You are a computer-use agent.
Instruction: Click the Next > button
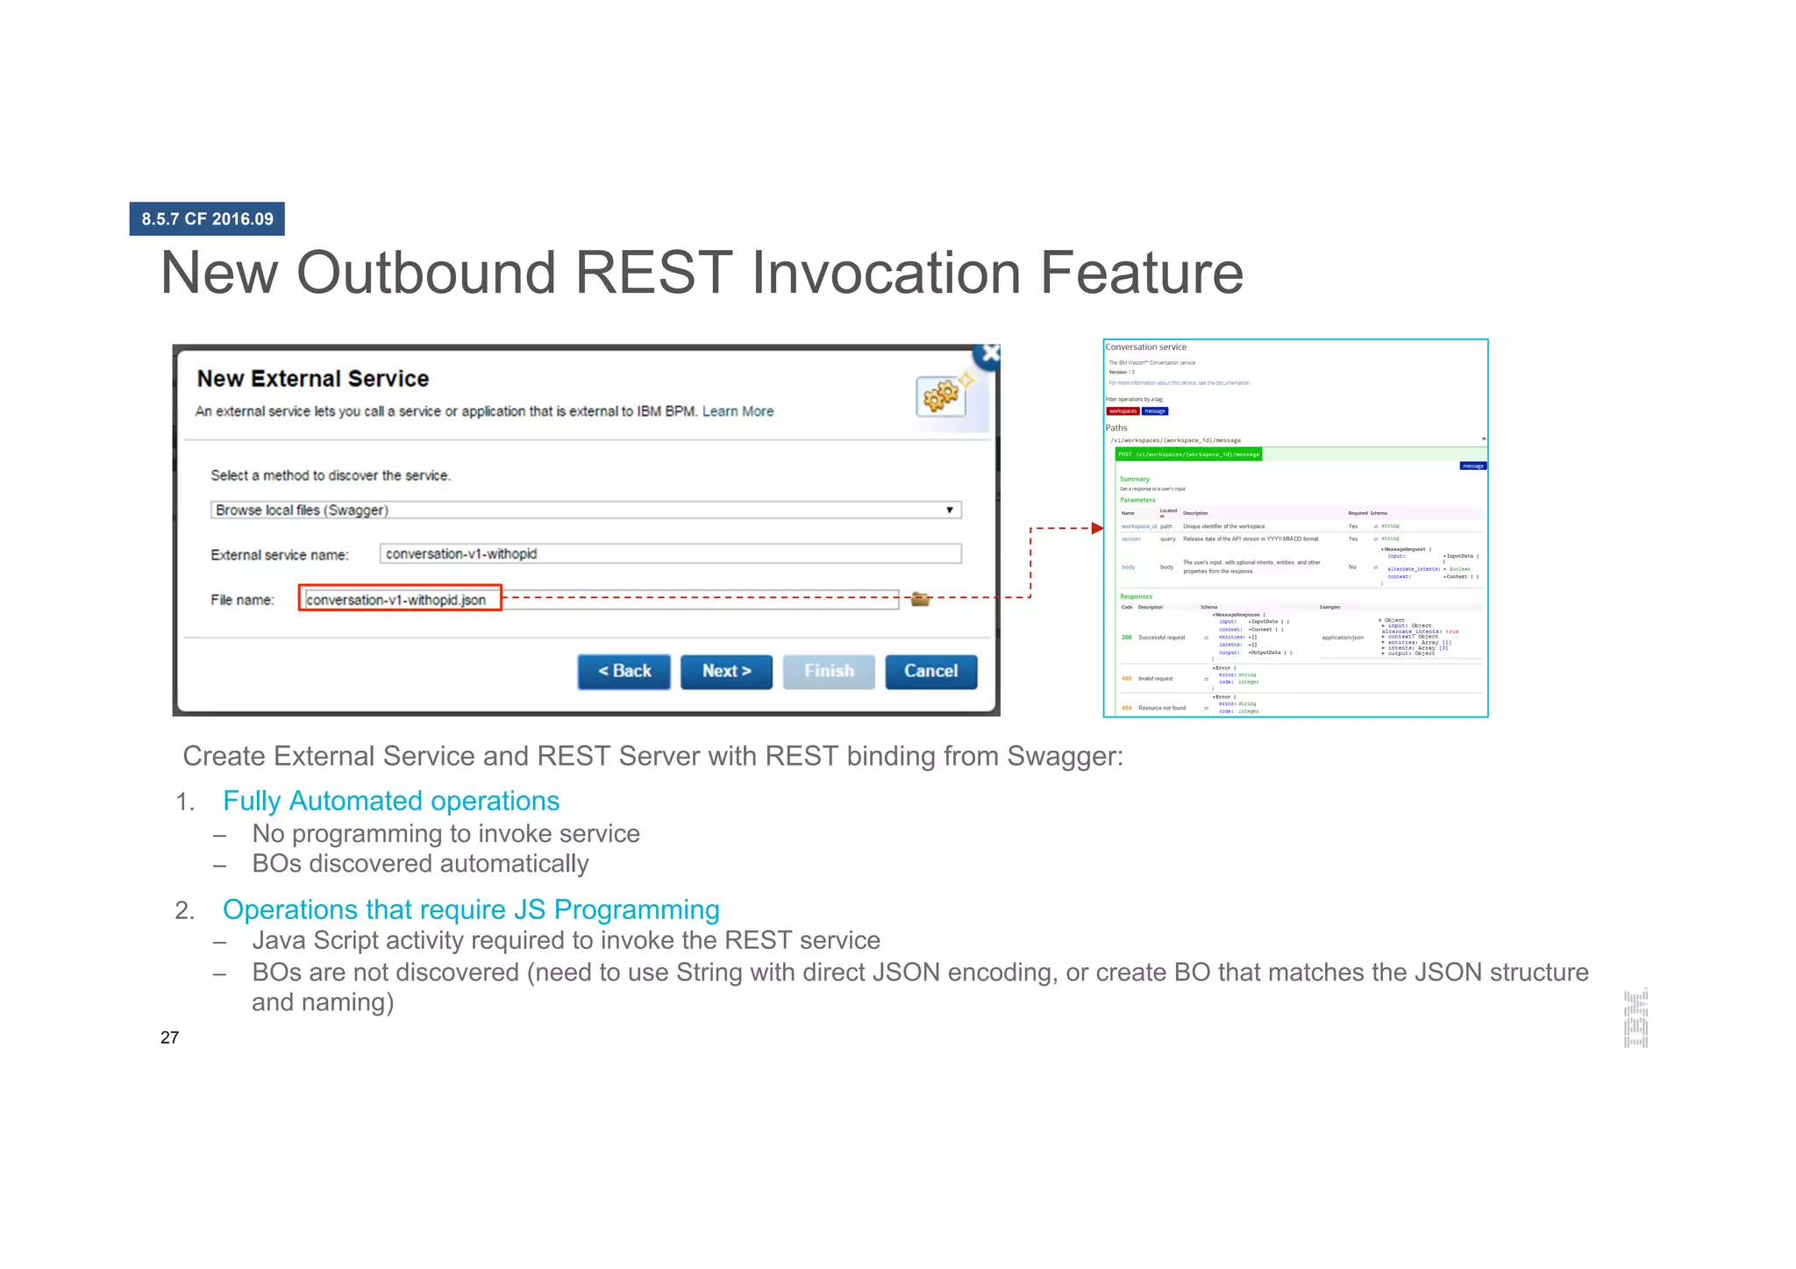tap(726, 672)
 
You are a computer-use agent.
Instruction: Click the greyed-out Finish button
tap(829, 672)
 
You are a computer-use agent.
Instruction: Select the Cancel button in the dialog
tap(930, 672)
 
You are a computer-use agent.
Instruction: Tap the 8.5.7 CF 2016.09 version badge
tap(207, 219)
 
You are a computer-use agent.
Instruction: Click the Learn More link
tap(738, 411)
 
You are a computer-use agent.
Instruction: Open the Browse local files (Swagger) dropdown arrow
tap(949, 510)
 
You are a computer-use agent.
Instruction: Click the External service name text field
tap(670, 554)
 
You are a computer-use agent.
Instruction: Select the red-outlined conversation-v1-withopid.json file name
tap(400, 599)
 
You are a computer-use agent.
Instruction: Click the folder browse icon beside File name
tap(920, 599)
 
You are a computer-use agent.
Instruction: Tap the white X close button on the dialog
tap(990, 354)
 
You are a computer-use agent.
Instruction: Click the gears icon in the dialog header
tap(941, 396)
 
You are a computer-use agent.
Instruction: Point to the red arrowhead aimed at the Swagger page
tap(1096, 528)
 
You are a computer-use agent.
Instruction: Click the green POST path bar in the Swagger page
tap(1188, 454)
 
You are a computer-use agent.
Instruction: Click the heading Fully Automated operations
tap(391, 802)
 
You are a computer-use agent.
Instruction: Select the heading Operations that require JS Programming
tap(471, 910)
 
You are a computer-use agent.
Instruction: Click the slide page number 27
tap(170, 1038)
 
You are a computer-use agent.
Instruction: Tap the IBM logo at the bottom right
tap(1636, 1018)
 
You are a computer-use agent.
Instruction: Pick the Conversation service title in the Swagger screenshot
tap(1145, 347)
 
